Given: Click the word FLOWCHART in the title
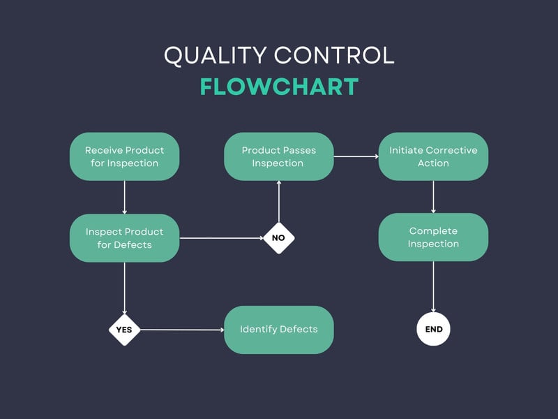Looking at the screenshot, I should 279,87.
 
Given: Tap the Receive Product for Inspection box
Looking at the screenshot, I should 125,156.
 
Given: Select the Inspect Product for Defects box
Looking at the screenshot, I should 125,238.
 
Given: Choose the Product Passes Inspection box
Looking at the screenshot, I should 278,156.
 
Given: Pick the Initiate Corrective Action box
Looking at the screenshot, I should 433,156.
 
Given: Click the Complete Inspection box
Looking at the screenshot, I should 433,237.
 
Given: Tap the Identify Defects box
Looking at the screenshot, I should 278,330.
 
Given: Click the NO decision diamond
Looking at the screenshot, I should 278,238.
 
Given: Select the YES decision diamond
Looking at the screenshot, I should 124,330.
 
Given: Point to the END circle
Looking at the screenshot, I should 434,330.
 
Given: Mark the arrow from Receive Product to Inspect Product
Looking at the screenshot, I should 125,197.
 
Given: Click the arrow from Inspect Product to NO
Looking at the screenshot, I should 220,238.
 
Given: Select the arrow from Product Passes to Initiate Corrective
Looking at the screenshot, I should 356,156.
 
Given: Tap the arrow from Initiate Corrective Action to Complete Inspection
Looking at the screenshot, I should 434,197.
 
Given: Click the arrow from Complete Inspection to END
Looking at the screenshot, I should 434,287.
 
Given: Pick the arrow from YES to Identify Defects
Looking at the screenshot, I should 181,330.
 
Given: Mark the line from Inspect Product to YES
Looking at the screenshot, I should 125,288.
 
